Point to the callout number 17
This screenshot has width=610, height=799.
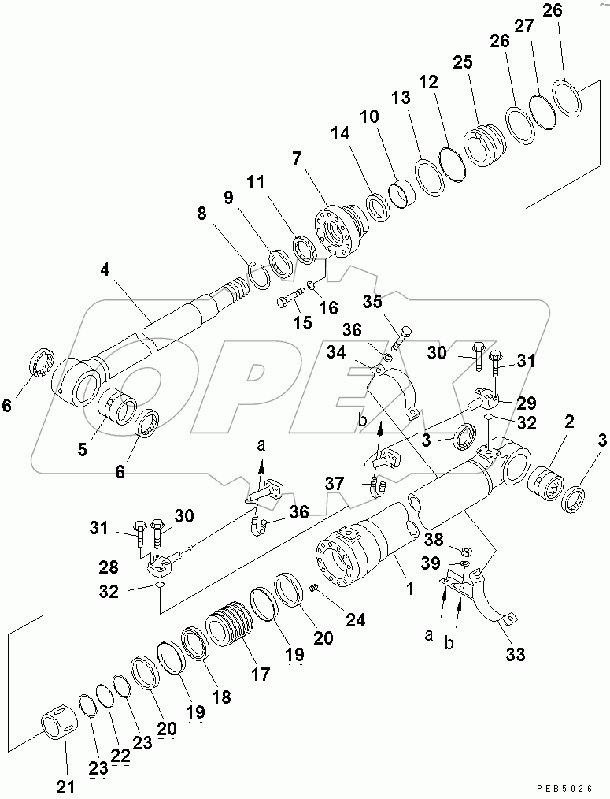point(260,675)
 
